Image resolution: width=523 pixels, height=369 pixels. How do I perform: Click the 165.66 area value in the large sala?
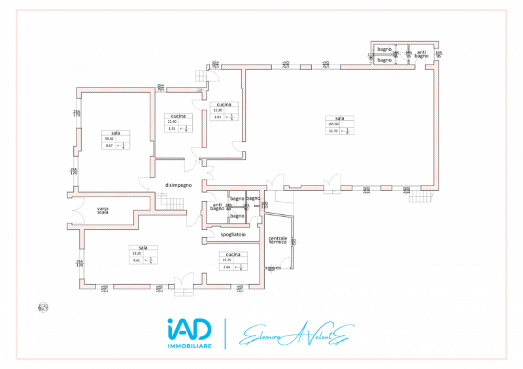point(331,123)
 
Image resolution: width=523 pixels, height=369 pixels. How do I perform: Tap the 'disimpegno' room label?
point(178,184)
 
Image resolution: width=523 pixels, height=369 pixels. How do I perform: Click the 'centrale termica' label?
point(278,240)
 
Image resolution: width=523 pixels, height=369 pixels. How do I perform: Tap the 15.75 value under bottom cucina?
point(228,259)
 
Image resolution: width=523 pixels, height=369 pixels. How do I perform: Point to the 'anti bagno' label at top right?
point(422,54)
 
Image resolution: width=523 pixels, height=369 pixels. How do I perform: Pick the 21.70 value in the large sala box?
point(332,131)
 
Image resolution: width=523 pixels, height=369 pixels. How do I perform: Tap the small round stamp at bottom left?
point(43,307)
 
